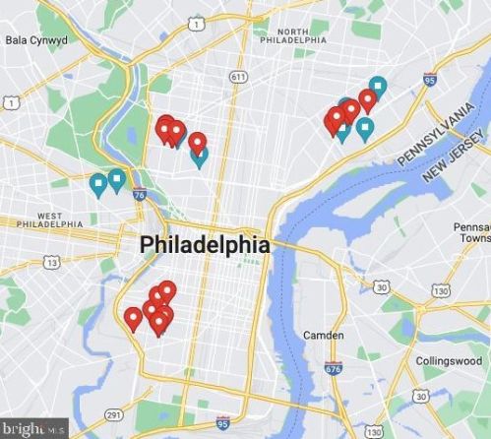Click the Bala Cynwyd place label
[35, 40]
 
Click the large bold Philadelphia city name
[204, 245]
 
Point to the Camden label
[323, 336]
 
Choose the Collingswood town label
[448, 361]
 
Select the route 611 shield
[237, 76]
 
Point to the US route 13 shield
[51, 262]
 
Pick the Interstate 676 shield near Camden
[333, 369]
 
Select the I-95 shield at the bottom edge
[222, 422]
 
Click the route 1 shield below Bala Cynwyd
[11, 101]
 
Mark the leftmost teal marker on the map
[98, 184]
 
